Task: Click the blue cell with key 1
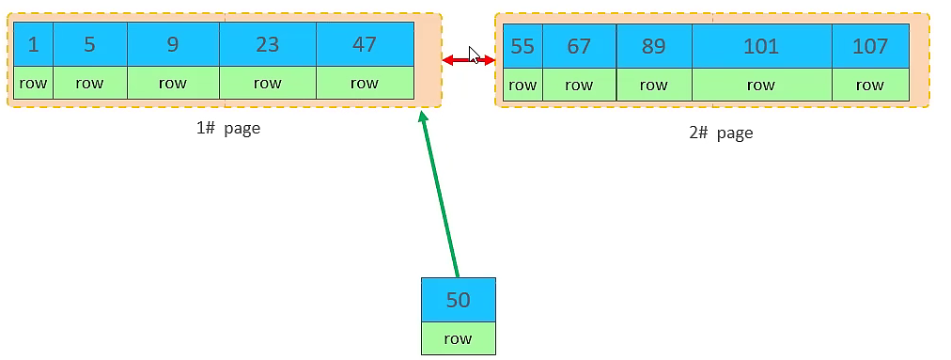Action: [x=33, y=44]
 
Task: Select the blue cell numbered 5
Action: [x=89, y=44]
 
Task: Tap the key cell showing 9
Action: [x=173, y=44]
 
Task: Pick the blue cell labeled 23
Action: [x=268, y=44]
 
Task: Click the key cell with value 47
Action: [x=365, y=44]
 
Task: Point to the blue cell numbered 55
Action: [x=522, y=47]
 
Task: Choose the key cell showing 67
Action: [x=579, y=47]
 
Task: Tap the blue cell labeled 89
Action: [x=654, y=47]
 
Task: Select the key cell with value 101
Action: [x=761, y=47]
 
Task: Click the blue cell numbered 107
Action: [x=870, y=47]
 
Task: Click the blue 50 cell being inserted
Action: [x=458, y=300]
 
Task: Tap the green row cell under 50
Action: [x=458, y=338]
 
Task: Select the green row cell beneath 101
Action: [x=761, y=86]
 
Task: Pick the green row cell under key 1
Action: [x=33, y=83]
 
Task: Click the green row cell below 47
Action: [x=365, y=83]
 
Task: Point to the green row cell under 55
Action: [x=522, y=86]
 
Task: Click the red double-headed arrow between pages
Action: [x=468, y=60]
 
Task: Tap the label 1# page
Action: [x=228, y=128]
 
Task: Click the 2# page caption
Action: [x=721, y=133]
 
